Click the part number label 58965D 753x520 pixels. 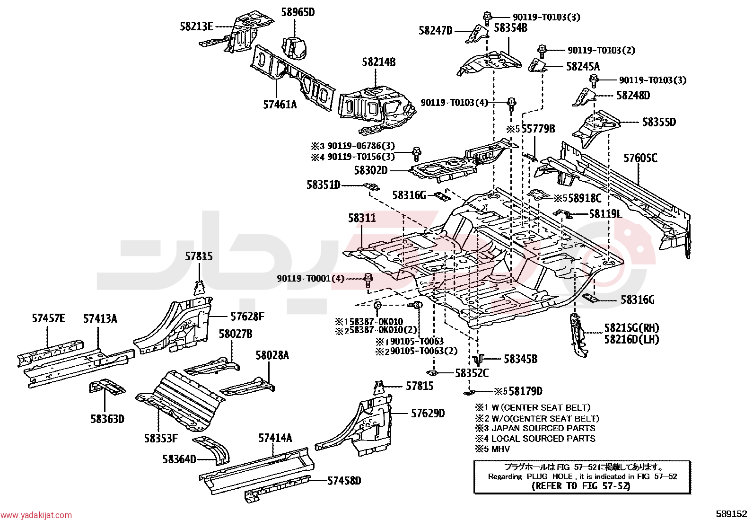[x=298, y=12]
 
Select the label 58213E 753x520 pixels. [x=197, y=26]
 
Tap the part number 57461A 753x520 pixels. [x=280, y=105]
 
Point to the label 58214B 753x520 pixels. [x=379, y=62]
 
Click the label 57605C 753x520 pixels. [x=640, y=158]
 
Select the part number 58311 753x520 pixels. [x=362, y=218]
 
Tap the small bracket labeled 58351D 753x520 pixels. [x=371, y=187]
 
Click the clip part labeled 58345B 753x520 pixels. [x=479, y=360]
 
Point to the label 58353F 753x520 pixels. [x=161, y=439]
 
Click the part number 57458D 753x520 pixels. [x=344, y=481]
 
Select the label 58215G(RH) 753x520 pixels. [x=631, y=328]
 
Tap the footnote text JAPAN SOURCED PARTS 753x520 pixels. [x=543, y=428]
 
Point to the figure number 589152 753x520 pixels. [x=731, y=514]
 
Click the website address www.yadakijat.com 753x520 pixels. [x=36, y=515]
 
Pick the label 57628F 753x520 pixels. [x=247, y=317]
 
